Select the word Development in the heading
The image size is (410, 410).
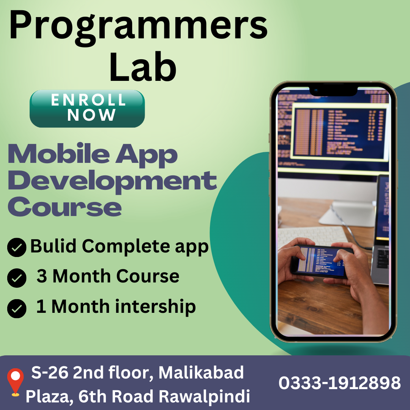pyautogui.click(x=112, y=181)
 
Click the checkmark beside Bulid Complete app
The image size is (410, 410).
pyautogui.click(x=17, y=248)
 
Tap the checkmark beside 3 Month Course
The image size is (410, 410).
pyautogui.click(x=17, y=278)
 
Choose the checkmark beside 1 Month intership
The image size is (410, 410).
pyautogui.click(x=17, y=308)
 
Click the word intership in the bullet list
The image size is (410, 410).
pyautogui.click(x=155, y=306)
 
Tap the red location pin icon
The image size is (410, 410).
pyautogui.click(x=15, y=381)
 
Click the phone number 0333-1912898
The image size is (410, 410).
pyautogui.click(x=339, y=383)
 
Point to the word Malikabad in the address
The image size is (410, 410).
pyautogui.click(x=201, y=373)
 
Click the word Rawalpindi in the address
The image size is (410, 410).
pyautogui.click(x=204, y=397)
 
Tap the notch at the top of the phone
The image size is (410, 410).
pyautogui.click(x=333, y=91)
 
